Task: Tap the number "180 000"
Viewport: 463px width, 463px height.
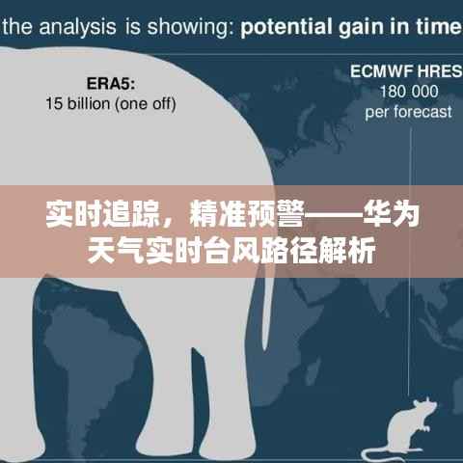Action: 408,92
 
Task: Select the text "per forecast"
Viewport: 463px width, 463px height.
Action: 408,112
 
